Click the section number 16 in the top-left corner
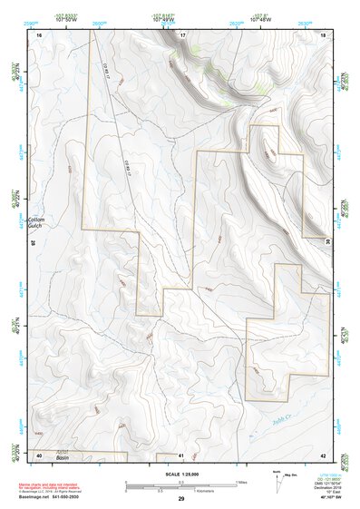pos(39,34)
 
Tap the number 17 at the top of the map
pos(181,34)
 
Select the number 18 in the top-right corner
pos(323,34)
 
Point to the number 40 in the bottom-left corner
pos(39,455)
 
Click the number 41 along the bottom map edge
pos(181,455)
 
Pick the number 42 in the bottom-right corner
pos(323,455)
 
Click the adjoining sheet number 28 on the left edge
pos(34,242)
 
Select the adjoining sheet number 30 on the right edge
pos(327,240)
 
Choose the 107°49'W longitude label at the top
pos(163,18)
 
